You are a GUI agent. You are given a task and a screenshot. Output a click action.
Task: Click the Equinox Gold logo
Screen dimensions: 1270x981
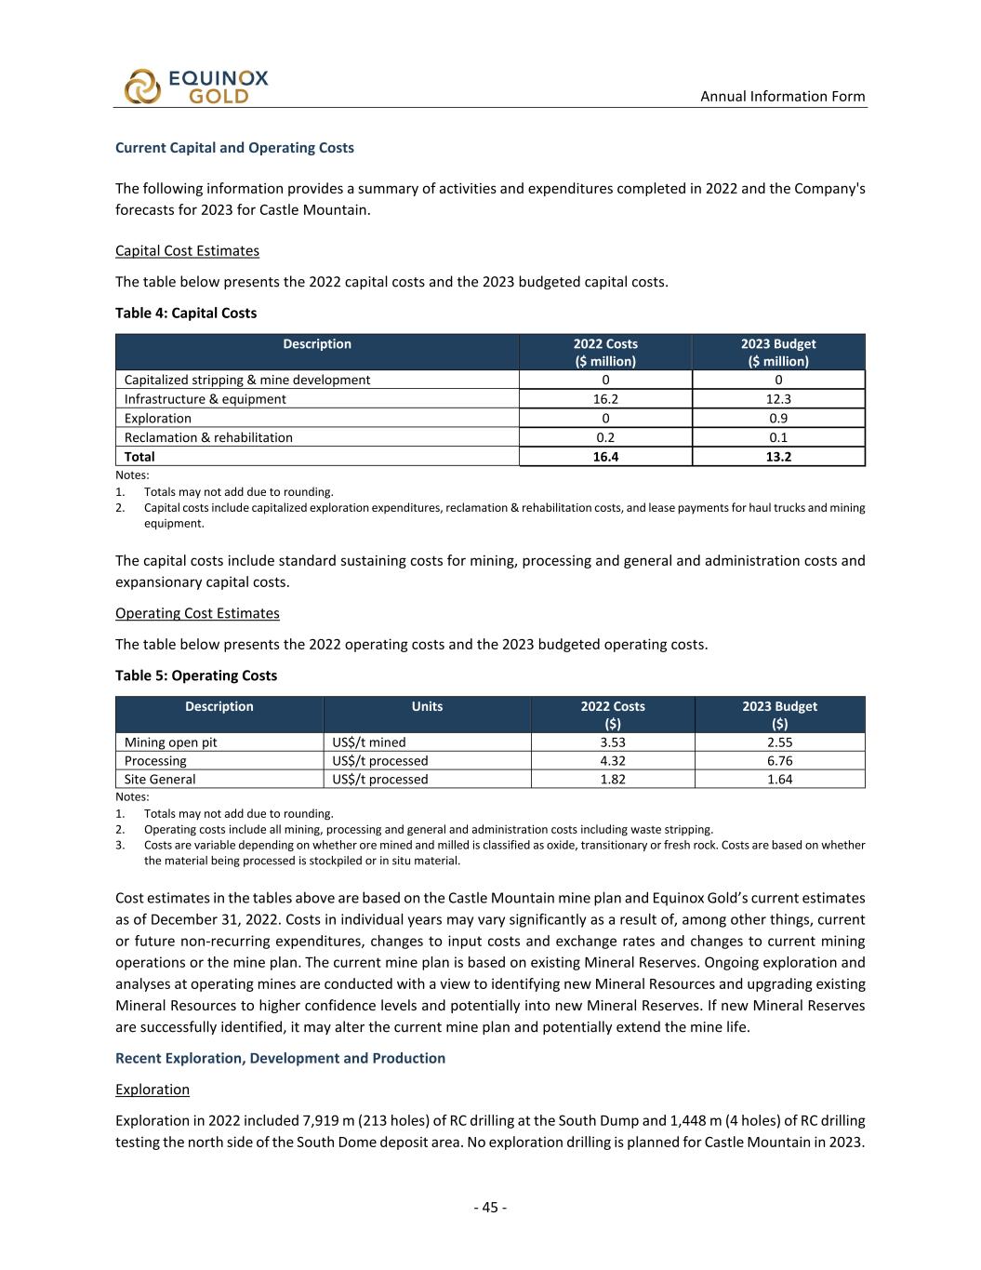click(196, 87)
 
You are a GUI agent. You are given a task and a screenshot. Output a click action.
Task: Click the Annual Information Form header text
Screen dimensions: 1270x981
click(782, 96)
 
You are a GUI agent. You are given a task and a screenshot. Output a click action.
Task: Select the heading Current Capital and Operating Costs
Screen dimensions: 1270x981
click(234, 148)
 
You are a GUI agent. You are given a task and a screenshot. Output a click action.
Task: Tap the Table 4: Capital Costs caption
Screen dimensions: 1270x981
click(186, 313)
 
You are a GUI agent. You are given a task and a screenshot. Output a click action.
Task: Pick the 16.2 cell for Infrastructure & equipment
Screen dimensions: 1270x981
click(605, 399)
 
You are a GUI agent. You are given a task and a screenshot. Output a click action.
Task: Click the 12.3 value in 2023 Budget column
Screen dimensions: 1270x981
click(778, 399)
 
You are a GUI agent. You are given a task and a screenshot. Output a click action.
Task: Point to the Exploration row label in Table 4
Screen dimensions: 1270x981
click(158, 419)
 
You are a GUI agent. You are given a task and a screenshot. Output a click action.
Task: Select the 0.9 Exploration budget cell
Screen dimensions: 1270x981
click(778, 419)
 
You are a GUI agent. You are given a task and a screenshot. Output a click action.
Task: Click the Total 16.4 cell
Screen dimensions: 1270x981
click(605, 457)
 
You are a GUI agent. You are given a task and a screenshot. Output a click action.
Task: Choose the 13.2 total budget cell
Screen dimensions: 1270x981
click(778, 457)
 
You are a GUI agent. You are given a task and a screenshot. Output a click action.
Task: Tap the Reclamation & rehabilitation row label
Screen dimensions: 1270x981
click(208, 437)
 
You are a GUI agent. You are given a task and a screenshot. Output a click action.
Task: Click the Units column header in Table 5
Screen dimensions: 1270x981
click(427, 706)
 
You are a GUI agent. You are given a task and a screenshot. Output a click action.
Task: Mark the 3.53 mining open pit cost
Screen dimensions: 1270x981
click(613, 742)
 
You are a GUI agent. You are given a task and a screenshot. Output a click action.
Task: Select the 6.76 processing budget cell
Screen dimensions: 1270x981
click(779, 761)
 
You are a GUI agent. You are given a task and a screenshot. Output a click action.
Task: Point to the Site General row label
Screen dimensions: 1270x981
click(160, 780)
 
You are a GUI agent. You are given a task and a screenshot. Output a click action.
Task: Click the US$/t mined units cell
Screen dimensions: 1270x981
click(369, 742)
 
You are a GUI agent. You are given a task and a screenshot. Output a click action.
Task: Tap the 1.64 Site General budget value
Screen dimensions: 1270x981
click(779, 780)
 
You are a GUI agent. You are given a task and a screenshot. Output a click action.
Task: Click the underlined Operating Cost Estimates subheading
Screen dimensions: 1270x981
click(197, 613)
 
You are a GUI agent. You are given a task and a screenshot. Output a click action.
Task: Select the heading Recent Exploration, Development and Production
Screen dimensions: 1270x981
click(280, 1058)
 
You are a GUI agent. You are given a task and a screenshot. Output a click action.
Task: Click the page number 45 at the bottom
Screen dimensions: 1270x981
click(490, 1208)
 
